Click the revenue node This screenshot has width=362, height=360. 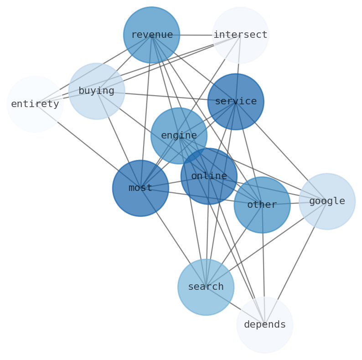click(x=151, y=35)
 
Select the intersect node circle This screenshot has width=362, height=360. click(x=240, y=35)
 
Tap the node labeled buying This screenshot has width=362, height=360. click(x=96, y=91)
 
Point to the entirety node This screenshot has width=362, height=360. click(x=35, y=104)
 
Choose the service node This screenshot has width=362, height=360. click(x=235, y=101)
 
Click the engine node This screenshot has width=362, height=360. click(x=179, y=135)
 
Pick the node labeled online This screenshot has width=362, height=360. click(x=209, y=176)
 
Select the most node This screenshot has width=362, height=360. click(x=140, y=188)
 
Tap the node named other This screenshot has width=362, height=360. click(x=262, y=205)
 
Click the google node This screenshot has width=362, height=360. click(x=327, y=201)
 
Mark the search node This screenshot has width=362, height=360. click(x=206, y=287)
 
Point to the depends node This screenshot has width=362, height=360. click(x=264, y=324)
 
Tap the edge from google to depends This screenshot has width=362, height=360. click(x=296, y=262)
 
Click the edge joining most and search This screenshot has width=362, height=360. click(x=173, y=237)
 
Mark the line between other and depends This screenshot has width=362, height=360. click(x=263, y=264)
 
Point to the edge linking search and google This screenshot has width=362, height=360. click(x=266, y=244)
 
